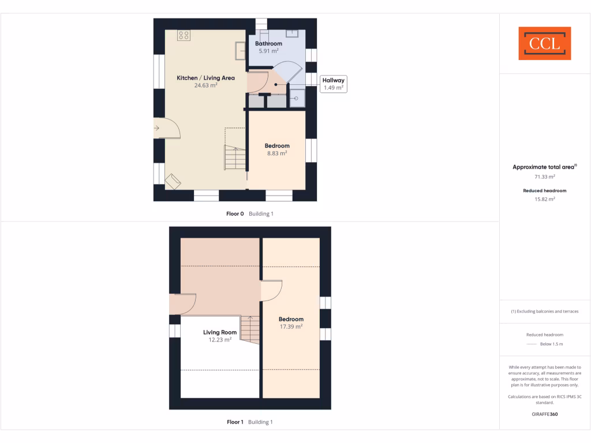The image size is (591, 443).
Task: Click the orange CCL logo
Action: (x=545, y=43)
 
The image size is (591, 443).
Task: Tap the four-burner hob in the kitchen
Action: (x=184, y=36)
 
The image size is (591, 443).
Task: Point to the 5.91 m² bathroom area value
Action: (x=269, y=51)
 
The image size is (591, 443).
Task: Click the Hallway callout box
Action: (x=334, y=84)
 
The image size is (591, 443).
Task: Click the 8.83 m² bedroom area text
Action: (x=277, y=153)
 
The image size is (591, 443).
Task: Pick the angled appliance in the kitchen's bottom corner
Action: (x=173, y=182)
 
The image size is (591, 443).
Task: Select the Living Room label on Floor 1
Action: (x=220, y=332)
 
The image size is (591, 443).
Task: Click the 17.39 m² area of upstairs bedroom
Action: (x=291, y=326)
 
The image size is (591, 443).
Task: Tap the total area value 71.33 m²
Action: (x=545, y=177)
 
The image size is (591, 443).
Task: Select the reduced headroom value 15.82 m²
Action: (x=545, y=199)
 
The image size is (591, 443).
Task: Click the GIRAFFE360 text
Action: (x=545, y=414)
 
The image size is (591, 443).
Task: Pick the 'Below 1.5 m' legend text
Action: (x=551, y=344)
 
